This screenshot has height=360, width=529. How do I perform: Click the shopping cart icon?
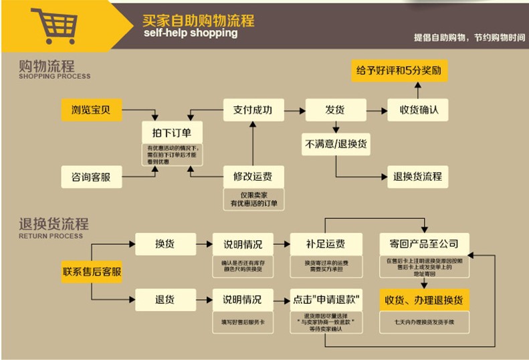(53, 25)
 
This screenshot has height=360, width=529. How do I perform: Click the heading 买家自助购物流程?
(199, 19)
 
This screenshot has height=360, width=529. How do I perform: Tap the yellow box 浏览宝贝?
(92, 110)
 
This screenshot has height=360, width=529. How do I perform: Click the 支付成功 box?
(253, 110)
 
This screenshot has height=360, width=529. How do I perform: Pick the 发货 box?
(335, 110)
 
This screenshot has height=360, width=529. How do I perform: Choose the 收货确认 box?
(418, 110)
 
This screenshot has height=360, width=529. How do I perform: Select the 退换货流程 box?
(418, 177)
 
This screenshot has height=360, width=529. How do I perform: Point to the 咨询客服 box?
(92, 177)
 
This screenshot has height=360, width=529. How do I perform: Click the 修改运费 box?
(253, 177)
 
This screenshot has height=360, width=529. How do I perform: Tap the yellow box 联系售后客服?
(92, 272)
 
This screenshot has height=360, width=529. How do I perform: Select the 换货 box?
(165, 244)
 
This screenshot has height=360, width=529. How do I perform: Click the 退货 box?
(165, 298)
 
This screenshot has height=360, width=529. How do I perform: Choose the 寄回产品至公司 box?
(424, 244)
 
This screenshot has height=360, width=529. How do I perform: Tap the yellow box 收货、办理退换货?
(424, 298)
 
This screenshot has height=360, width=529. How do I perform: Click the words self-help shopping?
(190, 33)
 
